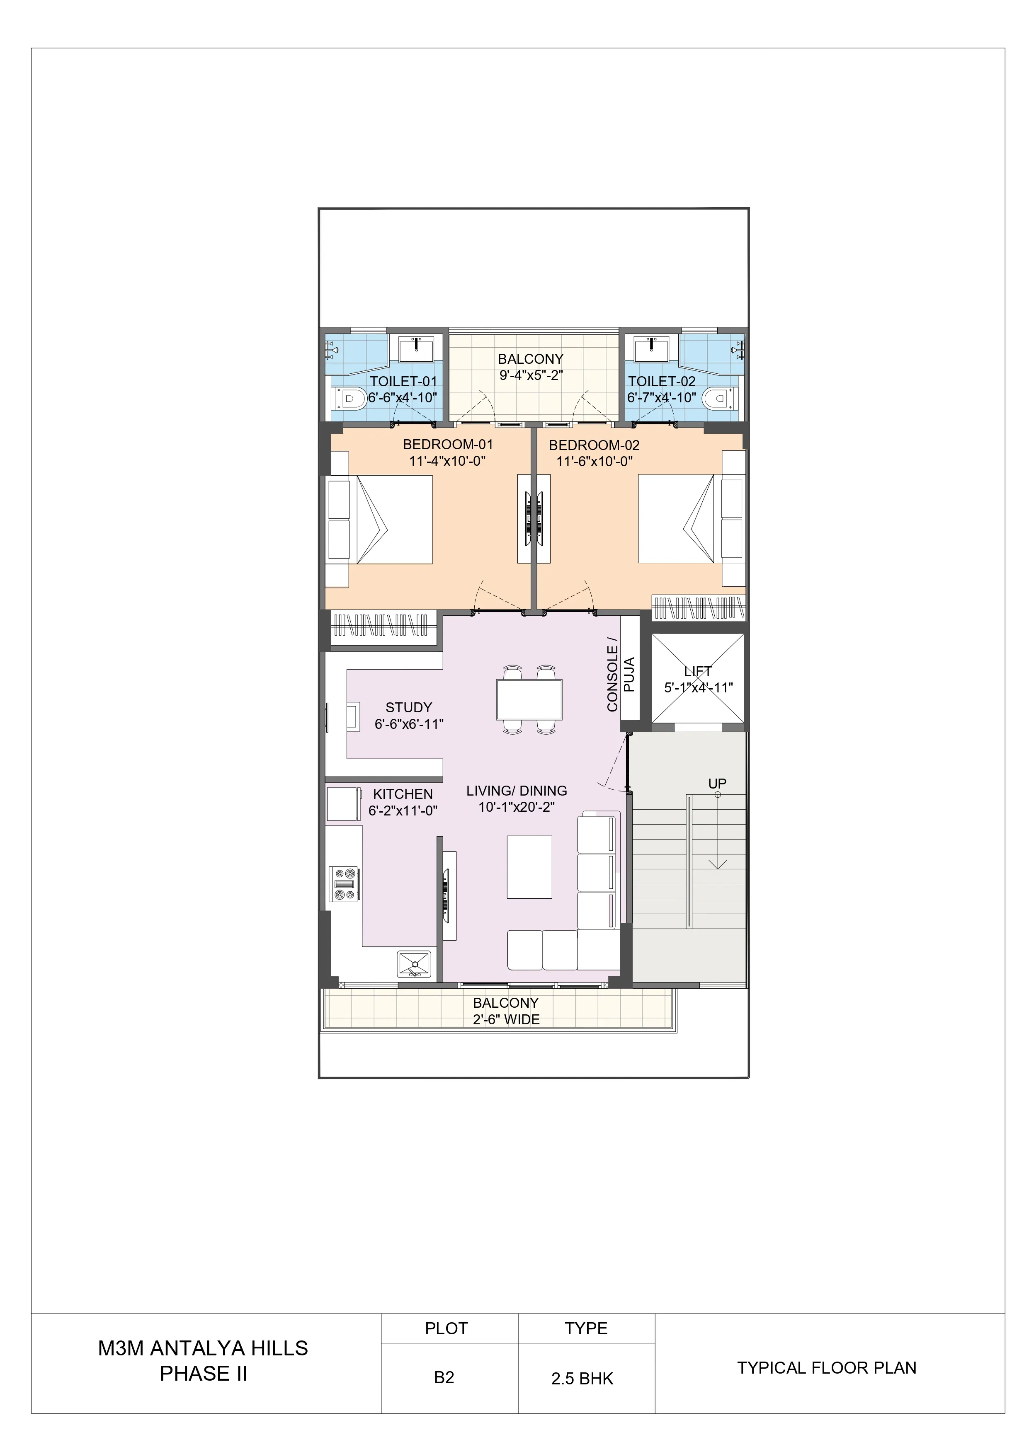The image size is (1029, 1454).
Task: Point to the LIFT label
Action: point(698,671)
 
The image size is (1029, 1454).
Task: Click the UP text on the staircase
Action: point(717,784)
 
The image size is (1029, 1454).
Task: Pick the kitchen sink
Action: point(415,965)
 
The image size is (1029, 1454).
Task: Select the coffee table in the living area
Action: point(529,866)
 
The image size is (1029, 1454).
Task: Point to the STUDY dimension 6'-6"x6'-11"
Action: point(409,724)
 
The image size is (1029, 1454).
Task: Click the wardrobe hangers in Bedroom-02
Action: point(698,608)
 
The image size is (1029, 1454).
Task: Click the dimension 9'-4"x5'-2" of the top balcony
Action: point(531,375)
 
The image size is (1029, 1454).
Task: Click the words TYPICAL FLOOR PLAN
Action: point(826,1367)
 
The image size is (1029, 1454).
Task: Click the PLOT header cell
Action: point(446,1328)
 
